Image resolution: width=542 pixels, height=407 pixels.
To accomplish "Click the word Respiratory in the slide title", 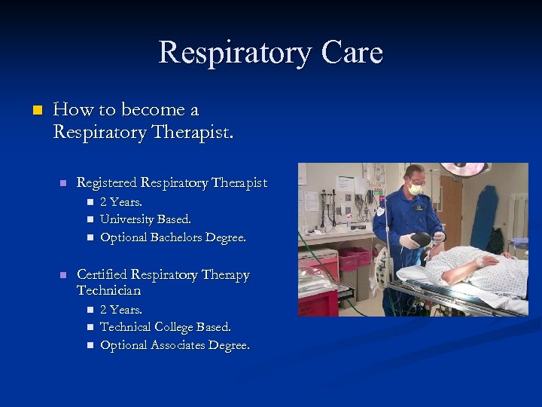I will (228, 53).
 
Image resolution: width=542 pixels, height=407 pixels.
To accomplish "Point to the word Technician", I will (108, 290).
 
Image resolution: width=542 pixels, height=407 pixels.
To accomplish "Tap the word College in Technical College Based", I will (174, 327).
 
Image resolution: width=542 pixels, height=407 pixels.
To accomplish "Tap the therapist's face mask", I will (415, 189).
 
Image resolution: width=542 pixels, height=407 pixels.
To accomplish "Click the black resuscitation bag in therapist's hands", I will (420, 239).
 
